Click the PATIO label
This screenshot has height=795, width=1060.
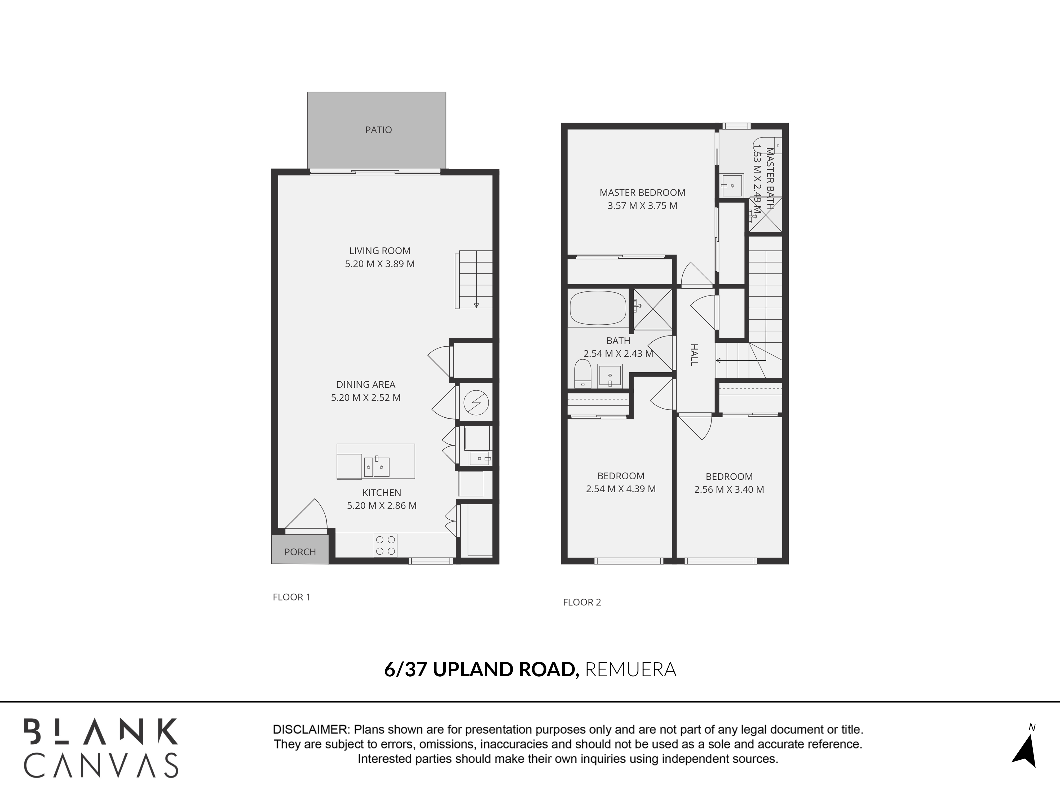[379, 130]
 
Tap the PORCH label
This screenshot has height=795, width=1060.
[300, 552]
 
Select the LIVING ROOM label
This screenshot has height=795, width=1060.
[379, 251]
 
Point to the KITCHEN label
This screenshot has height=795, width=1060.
[381, 493]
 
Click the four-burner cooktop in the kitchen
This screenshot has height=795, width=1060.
[385, 545]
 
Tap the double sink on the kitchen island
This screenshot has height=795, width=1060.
[376, 466]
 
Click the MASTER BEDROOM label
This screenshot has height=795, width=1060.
[642, 193]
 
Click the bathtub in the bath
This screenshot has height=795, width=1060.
[598, 307]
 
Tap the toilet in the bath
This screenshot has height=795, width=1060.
[583, 374]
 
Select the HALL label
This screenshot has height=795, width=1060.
[694, 355]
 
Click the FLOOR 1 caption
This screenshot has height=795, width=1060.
[291, 597]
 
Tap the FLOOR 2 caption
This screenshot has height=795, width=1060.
[582, 602]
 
